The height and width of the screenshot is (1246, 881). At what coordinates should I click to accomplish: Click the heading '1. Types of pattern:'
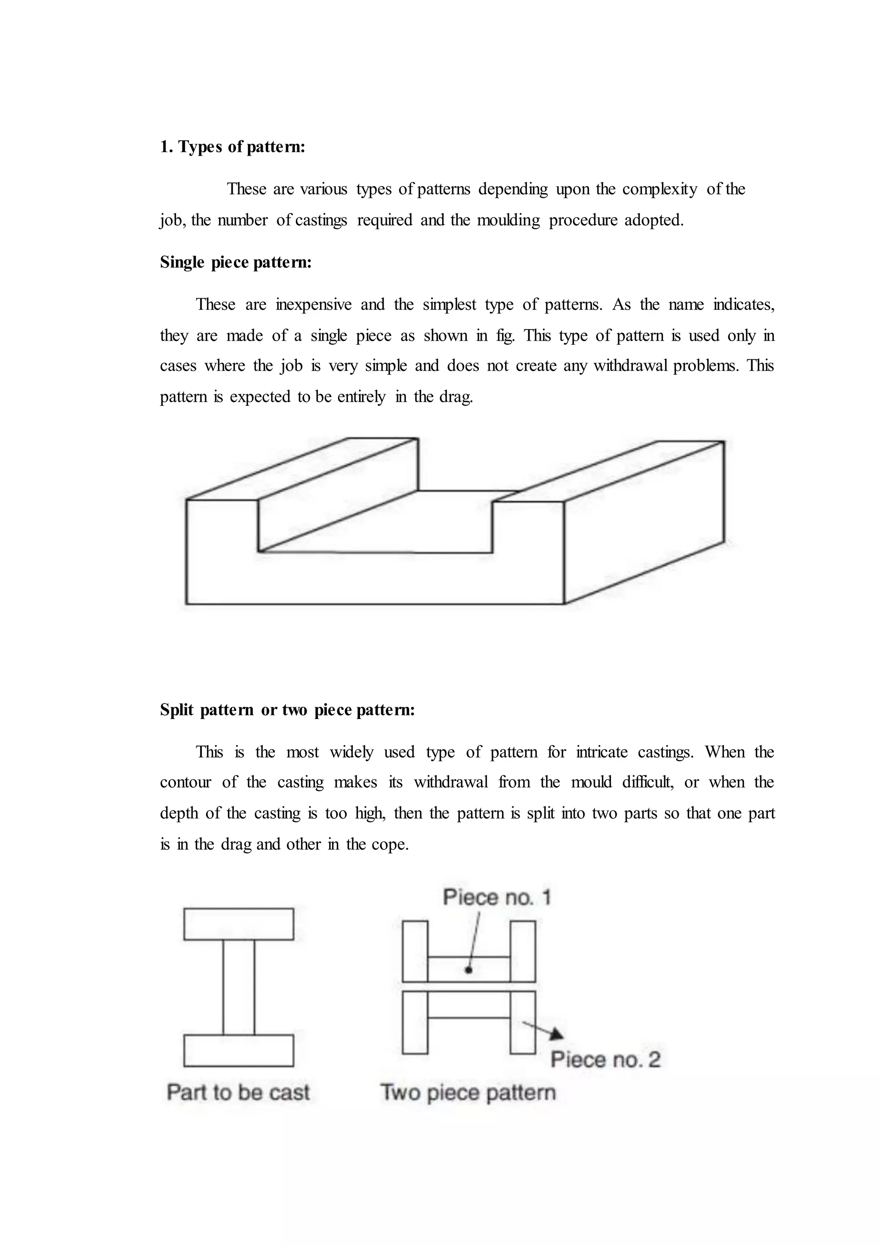pyautogui.click(x=232, y=147)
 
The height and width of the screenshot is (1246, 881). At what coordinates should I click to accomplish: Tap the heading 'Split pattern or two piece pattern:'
pyautogui.click(x=287, y=710)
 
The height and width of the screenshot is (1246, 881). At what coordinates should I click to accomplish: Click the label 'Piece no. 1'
pyautogui.click(x=496, y=897)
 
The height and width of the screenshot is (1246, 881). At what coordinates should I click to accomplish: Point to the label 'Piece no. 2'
pyautogui.click(x=605, y=1059)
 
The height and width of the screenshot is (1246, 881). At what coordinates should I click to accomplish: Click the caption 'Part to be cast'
pyautogui.click(x=238, y=1092)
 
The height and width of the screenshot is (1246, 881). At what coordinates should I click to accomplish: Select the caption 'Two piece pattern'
pyautogui.click(x=468, y=1092)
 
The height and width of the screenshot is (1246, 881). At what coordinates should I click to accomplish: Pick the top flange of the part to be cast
pyautogui.click(x=239, y=924)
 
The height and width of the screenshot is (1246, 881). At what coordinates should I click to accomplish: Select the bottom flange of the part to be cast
pyautogui.click(x=239, y=1051)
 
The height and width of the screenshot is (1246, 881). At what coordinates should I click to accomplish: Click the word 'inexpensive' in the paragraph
pyautogui.click(x=314, y=305)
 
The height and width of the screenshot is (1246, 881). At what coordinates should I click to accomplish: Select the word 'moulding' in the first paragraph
pyautogui.click(x=508, y=220)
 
